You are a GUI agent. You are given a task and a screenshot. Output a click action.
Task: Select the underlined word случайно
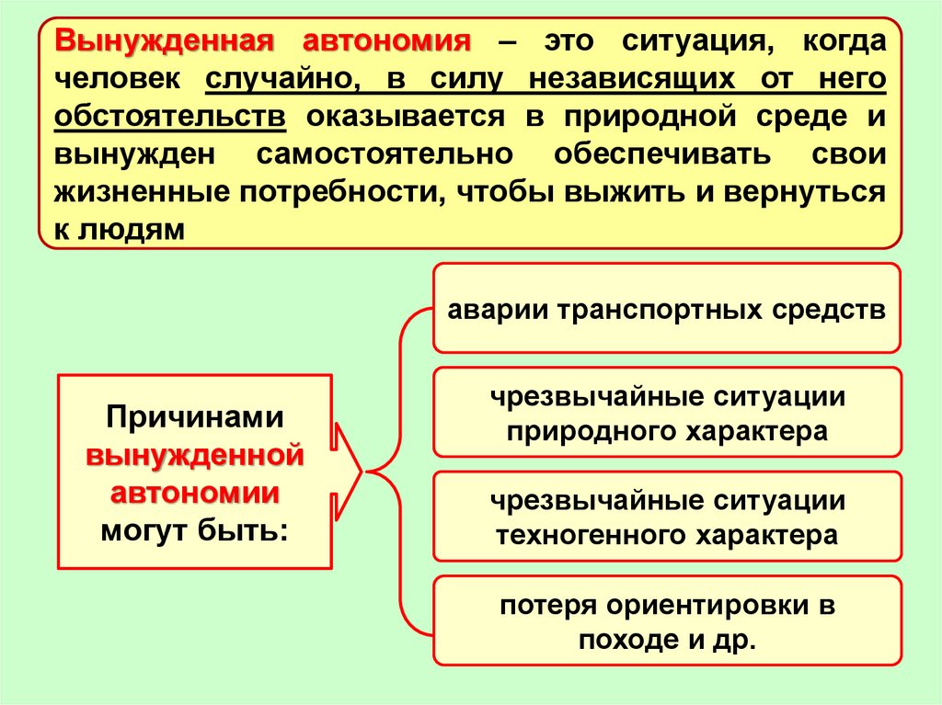click(281, 81)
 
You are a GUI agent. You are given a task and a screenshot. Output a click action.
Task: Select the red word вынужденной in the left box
click(194, 454)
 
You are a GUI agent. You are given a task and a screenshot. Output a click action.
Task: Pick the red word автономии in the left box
click(194, 492)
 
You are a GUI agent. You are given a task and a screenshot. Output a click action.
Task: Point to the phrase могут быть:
click(194, 530)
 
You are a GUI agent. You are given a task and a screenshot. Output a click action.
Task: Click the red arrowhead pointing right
click(349, 471)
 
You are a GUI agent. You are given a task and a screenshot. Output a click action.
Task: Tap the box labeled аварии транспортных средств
click(666, 308)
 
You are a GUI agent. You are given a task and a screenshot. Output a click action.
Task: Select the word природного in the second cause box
click(589, 430)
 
